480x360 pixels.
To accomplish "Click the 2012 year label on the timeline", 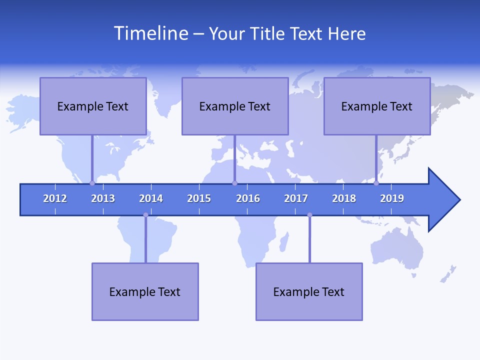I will [55, 198].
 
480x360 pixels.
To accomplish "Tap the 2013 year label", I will [103, 198].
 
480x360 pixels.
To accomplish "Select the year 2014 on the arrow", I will [151, 198].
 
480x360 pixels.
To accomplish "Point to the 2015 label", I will [199, 198].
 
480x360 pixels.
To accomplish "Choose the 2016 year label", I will [248, 198].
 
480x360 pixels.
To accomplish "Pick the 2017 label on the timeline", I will [296, 198].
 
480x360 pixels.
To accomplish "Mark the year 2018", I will [344, 198].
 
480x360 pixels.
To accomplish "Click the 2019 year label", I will [392, 198].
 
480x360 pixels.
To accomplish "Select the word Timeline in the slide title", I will [150, 33].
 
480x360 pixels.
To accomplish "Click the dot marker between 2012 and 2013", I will [92, 183].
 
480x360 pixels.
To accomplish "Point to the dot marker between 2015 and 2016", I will [234, 183].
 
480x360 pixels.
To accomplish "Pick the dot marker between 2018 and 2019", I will [376, 183].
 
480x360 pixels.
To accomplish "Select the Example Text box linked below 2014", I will [145, 291].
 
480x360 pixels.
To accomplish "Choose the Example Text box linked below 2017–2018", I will [309, 291].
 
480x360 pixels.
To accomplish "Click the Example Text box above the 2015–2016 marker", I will [235, 106].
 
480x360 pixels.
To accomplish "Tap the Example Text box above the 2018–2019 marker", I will [377, 106].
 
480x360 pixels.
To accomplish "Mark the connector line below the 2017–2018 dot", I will [309, 240].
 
